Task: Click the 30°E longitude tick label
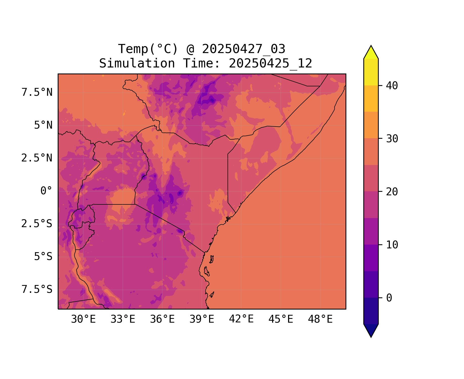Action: [83, 319]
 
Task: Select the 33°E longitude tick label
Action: [123, 319]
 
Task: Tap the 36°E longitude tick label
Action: [162, 319]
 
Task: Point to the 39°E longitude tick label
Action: [202, 319]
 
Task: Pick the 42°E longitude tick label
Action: [241, 319]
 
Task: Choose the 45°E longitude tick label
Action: [281, 319]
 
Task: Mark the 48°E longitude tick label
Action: [320, 319]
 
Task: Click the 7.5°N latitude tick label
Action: [37, 92]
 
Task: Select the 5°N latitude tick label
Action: [43, 125]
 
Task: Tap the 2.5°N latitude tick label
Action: [37, 158]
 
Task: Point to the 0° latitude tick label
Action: [46, 191]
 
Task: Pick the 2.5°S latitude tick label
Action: [37, 224]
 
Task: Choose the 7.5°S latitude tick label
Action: [37, 289]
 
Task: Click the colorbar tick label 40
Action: [392, 86]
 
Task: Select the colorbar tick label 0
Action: [389, 298]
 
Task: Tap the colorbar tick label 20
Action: [392, 192]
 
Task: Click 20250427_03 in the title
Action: [244, 49]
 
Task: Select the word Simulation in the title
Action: [137, 63]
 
